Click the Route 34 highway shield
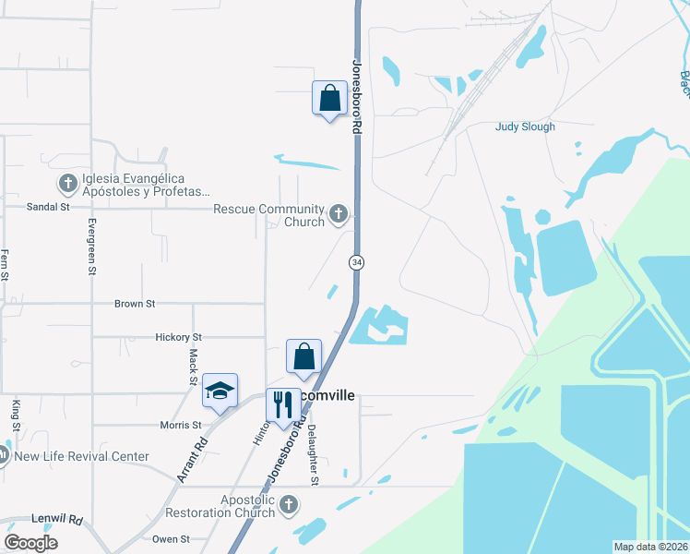(356, 262)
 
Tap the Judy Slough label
(525, 127)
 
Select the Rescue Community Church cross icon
(339, 215)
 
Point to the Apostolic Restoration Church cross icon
(289, 504)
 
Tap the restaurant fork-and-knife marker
(282, 403)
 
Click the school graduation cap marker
(220, 390)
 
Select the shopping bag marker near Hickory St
(304, 356)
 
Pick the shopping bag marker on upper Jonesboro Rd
(328, 98)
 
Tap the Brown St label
(135, 303)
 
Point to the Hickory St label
(178, 338)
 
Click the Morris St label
(180, 425)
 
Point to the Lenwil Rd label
(56, 520)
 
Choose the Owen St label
(171, 539)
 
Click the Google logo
(30, 543)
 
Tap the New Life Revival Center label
(81, 456)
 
